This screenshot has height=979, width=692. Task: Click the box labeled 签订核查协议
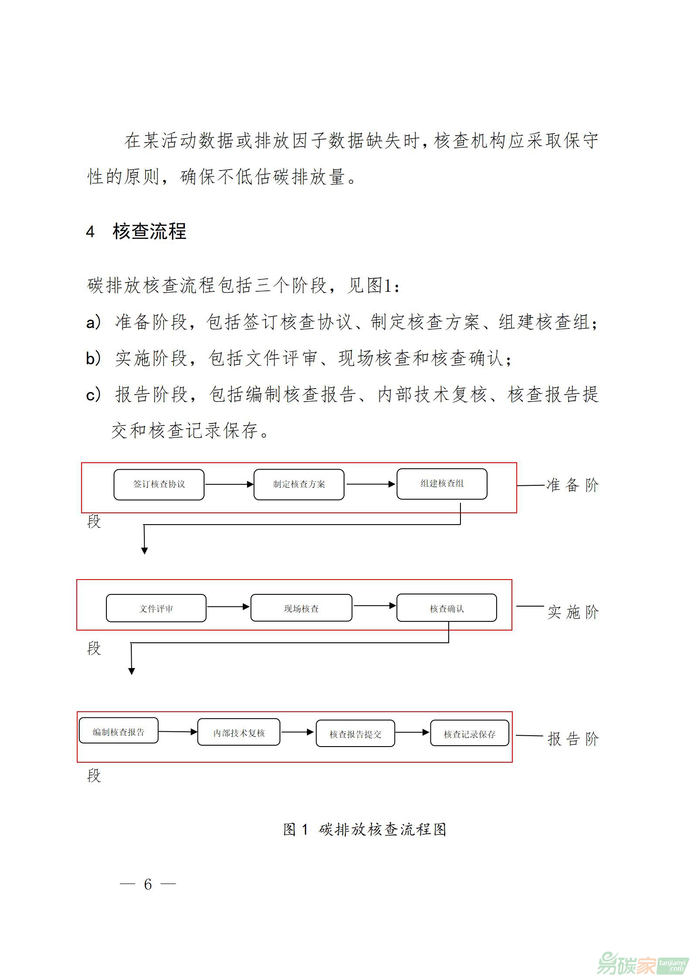[159, 484]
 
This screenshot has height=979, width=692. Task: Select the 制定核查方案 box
[299, 484]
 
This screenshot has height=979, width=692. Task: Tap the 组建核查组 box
[442, 484]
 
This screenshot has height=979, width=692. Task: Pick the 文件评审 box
[156, 608]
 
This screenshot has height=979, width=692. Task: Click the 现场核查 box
[301, 608]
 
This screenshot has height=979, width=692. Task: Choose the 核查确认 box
[447, 607]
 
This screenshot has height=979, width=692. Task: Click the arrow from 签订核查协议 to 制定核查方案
[229, 484]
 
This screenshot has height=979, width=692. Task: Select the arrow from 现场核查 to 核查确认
[374, 606]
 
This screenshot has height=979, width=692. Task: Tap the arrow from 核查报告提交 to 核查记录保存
[412, 733]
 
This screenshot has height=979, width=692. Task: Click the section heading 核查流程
[149, 231]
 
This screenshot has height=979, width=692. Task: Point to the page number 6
[148, 884]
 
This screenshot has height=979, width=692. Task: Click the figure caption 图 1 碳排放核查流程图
[365, 829]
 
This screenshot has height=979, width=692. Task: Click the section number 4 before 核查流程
[90, 232]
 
